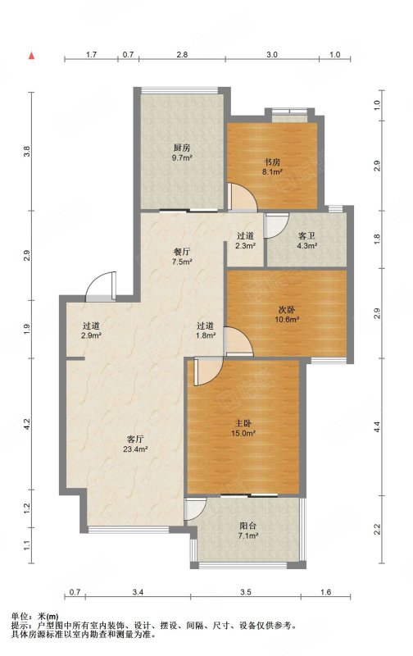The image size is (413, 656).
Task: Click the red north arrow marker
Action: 31,55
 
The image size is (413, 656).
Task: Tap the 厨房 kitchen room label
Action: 182,148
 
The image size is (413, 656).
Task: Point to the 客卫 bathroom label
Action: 306,236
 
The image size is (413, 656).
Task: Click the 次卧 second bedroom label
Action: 287,310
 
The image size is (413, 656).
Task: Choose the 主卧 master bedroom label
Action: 243,423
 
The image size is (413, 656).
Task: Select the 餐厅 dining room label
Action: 182,252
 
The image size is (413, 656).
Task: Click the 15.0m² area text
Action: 243,434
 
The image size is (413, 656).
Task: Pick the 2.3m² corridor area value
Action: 245,246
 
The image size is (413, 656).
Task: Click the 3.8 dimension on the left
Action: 27,151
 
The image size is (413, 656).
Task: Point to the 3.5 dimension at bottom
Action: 246,592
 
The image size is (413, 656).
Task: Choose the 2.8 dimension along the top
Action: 182,54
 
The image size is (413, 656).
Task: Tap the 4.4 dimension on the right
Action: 378,427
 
